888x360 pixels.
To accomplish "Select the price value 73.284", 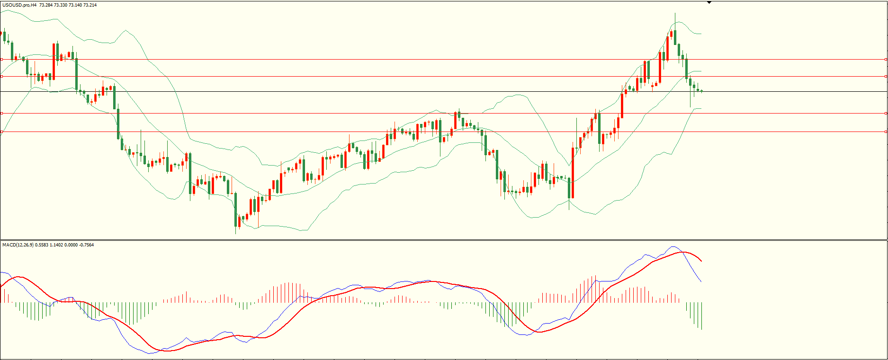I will click(x=45, y=5).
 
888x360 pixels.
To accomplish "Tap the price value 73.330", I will click(x=61, y=5).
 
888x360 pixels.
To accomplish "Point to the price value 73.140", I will click(x=75, y=5).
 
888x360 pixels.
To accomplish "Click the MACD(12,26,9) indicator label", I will click(x=18, y=245).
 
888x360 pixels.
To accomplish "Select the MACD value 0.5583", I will click(x=42, y=245).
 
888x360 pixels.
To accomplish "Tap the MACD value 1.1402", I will click(x=56, y=245).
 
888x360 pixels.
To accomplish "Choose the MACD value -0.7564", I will click(x=86, y=245).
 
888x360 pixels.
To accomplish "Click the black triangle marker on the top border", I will click(x=709, y=2).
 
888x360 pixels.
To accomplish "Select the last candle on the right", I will click(x=701, y=90).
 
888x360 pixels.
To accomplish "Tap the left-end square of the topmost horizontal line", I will click(x=2, y=59).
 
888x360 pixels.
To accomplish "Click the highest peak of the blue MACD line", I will click(x=673, y=246).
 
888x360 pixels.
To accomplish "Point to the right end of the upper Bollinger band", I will click(x=701, y=34).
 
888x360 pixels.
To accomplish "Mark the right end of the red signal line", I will click(x=701, y=261).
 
